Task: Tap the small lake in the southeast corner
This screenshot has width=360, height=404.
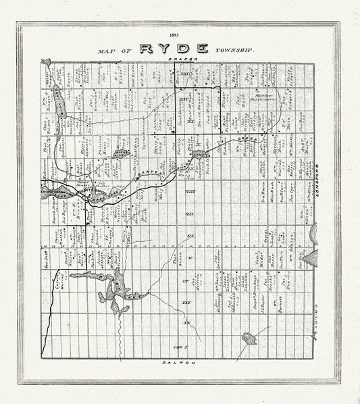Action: pos(249,337)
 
